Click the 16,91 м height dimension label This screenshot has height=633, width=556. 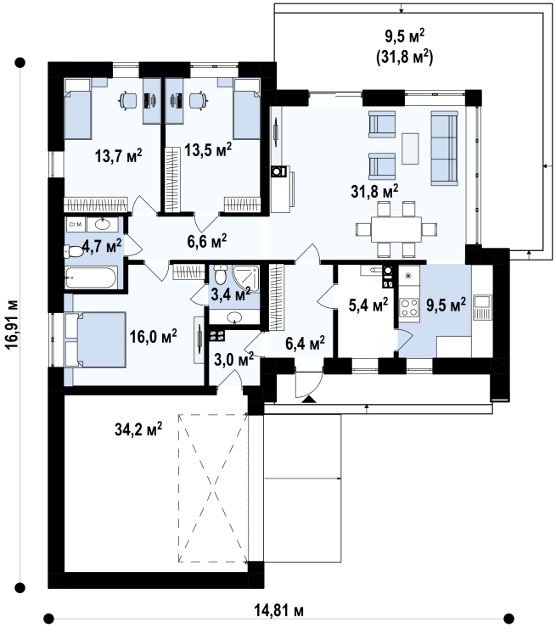coord(13,325)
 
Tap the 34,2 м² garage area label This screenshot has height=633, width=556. coord(138,429)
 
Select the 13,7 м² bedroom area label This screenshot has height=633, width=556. coord(119,155)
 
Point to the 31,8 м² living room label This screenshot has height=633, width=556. coord(374,191)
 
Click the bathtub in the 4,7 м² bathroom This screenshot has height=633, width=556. coord(91,277)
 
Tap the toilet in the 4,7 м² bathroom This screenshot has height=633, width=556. coord(73,251)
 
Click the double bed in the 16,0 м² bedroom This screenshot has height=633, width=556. coord(96,339)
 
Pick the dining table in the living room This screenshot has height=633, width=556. coord(396,229)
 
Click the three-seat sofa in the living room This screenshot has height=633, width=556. coord(445,148)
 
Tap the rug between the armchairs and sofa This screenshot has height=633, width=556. coord(410,148)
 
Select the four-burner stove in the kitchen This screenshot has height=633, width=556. coord(409,307)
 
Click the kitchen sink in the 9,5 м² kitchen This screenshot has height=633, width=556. coord(481,307)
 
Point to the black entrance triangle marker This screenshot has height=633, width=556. coord(309,400)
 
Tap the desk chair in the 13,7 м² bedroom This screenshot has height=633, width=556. coord(129,100)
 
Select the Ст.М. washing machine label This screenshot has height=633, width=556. coord(76,225)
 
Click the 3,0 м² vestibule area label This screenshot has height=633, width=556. coord(233,359)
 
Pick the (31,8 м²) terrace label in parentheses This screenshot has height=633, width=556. coord(405,57)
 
